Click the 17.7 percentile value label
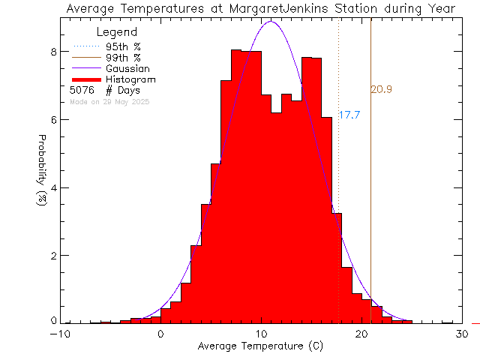coord(349,115)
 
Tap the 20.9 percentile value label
coord(381,89)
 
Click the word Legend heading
coord(117,32)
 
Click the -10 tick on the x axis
coord(61,334)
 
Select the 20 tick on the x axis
coord(361,334)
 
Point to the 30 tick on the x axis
coord(461,334)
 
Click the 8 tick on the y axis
coord(53,52)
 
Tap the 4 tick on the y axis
coord(53,187)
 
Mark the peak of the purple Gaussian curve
coord(271,21)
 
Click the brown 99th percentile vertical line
coord(370,187)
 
